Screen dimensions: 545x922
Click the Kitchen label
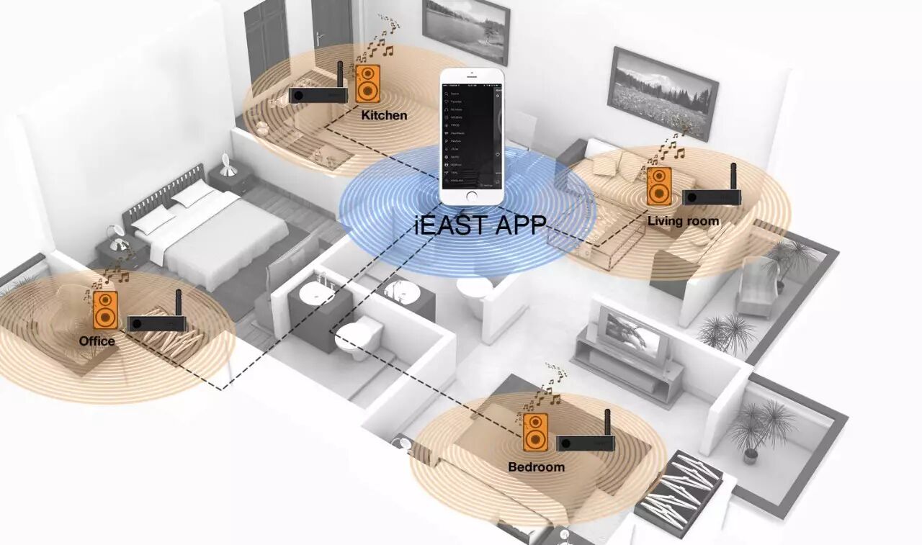[384, 115]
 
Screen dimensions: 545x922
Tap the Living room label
[683, 220]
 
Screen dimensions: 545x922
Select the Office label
[97, 341]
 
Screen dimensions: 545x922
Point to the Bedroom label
[536, 467]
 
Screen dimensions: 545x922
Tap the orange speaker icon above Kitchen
[367, 84]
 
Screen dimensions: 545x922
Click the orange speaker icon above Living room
[658, 186]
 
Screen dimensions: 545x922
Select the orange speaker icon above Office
[105, 310]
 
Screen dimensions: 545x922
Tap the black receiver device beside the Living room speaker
[712, 195]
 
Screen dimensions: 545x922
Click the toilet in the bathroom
[358, 337]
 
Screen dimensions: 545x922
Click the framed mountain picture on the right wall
[663, 92]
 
